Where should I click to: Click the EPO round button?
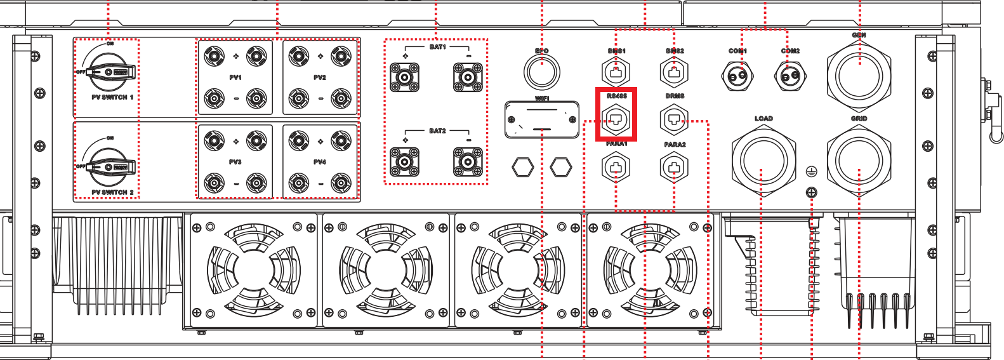click(541, 71)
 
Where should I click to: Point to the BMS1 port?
click(616, 71)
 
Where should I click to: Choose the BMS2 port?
click(674, 71)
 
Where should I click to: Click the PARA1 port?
click(616, 168)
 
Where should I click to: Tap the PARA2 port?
click(674, 168)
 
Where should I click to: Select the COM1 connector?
click(737, 77)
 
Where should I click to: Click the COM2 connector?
click(790, 77)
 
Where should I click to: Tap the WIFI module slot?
click(541, 119)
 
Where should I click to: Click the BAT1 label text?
click(437, 47)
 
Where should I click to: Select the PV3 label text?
click(235, 162)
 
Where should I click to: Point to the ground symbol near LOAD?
click(811, 171)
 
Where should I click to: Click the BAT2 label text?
click(437, 131)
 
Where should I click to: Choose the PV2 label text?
click(320, 77)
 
